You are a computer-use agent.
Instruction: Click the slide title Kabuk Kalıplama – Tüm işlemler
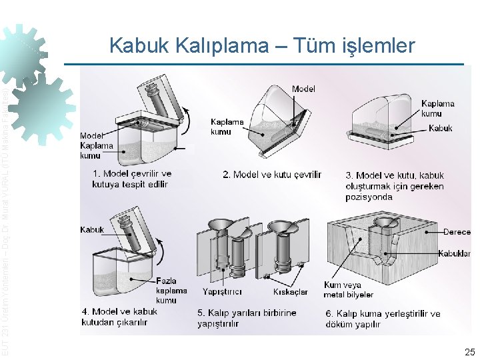[x=262, y=45]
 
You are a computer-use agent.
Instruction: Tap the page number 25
[x=469, y=351]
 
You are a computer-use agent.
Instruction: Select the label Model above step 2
[x=303, y=89]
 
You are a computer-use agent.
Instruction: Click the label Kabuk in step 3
[x=441, y=128]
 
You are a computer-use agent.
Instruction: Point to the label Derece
[x=457, y=232]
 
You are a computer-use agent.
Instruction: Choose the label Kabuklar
[x=455, y=253]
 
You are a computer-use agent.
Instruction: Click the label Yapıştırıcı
[x=222, y=292]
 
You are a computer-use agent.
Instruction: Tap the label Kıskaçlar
[x=291, y=292]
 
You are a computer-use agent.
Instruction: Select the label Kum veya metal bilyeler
[x=348, y=290]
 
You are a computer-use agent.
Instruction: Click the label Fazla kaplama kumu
[x=171, y=291]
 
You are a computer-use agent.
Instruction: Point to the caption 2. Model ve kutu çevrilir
[x=272, y=175]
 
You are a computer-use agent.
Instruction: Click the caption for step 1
[x=131, y=179]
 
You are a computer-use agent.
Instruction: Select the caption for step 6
[x=383, y=319]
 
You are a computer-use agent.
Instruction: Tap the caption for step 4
[x=119, y=317]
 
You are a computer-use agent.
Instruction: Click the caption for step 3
[x=394, y=186]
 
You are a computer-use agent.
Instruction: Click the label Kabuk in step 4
[x=92, y=230]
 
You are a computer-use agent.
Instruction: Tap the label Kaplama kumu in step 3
[x=438, y=109]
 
